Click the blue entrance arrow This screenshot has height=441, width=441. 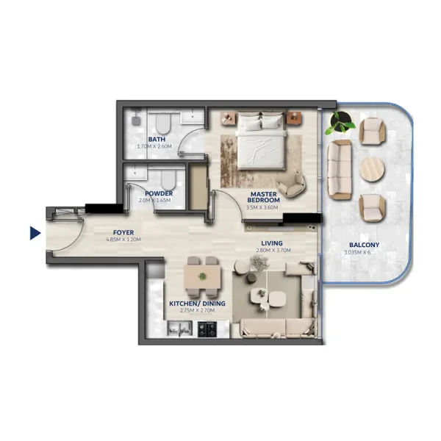click(34, 234)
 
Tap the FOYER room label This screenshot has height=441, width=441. click(123, 232)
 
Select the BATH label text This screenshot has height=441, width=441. click(156, 139)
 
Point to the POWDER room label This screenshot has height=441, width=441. click(159, 193)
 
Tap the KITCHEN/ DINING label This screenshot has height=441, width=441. click(197, 304)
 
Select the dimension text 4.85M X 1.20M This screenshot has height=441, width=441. click(123, 240)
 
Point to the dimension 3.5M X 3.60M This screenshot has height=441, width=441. click(264, 208)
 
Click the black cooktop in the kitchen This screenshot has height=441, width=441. click(209, 329)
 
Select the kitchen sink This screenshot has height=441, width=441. click(177, 329)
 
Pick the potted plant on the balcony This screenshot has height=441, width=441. click(341, 122)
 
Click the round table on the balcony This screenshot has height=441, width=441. click(372, 169)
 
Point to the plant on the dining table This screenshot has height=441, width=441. click(202, 276)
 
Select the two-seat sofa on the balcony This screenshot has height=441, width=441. click(340, 171)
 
